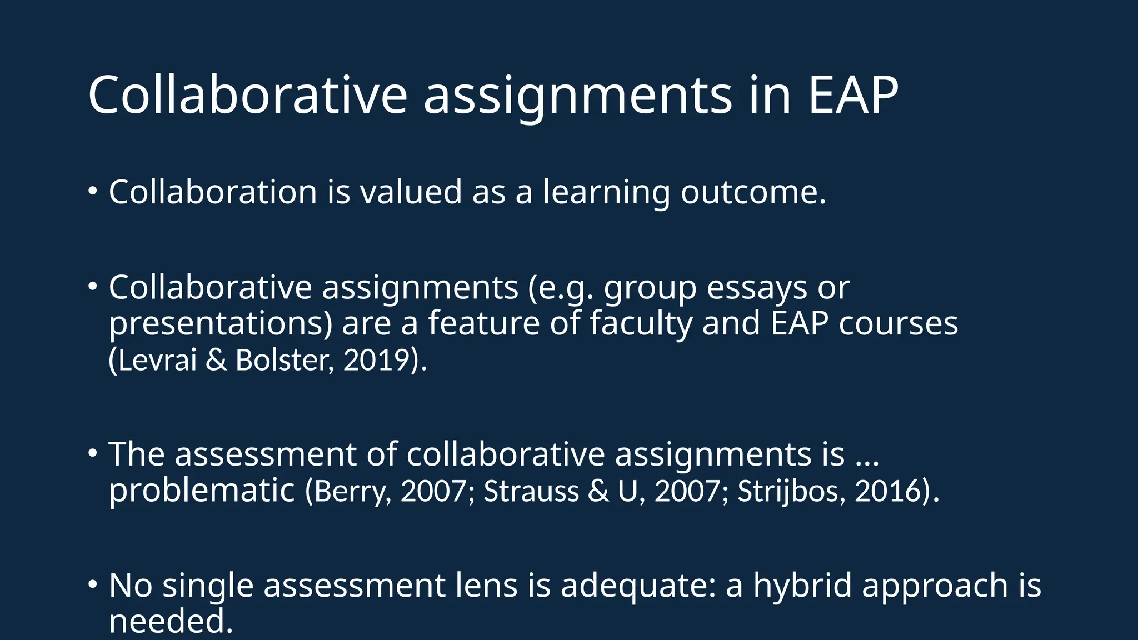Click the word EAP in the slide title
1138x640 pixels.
(x=853, y=96)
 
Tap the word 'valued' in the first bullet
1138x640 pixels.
(x=411, y=192)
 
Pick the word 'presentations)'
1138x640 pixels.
(x=220, y=324)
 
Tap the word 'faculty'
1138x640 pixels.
(x=641, y=324)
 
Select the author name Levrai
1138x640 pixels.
(x=157, y=360)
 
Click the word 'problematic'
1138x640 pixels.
(x=201, y=491)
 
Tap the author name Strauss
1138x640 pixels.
(x=531, y=491)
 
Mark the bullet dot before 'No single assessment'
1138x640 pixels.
(x=92, y=583)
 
